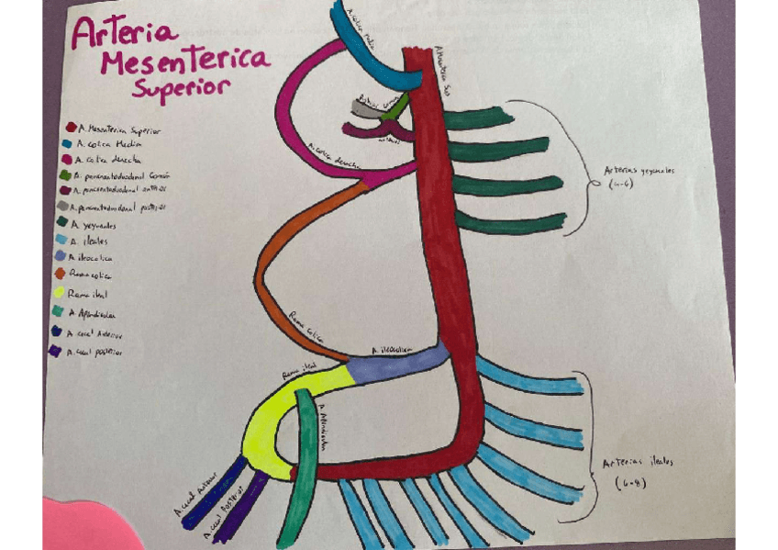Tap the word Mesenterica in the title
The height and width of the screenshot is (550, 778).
tap(183, 62)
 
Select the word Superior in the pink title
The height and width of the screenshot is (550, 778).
tap(181, 90)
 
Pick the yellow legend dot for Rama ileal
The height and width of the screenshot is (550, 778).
tap(59, 293)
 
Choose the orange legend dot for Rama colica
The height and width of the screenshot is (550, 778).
tap(61, 273)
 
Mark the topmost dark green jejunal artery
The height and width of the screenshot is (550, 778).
tap(477, 118)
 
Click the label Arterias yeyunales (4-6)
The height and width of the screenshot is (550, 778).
tap(638, 176)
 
